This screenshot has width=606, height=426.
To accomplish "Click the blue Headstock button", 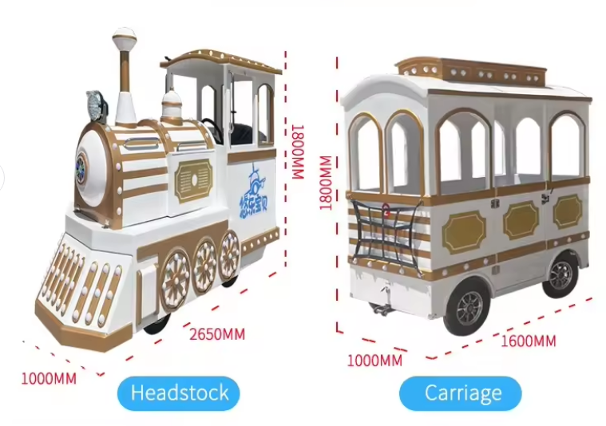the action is (179, 392).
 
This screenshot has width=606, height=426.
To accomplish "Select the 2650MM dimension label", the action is (216, 333).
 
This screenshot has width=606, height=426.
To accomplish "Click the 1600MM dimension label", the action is (528, 341).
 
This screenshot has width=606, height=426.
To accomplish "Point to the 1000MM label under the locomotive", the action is (49, 377).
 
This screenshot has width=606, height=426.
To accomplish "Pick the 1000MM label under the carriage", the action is (374, 360).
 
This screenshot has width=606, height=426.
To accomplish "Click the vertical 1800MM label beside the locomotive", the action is (298, 151).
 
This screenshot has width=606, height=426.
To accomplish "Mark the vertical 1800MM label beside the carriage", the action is (326, 181).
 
